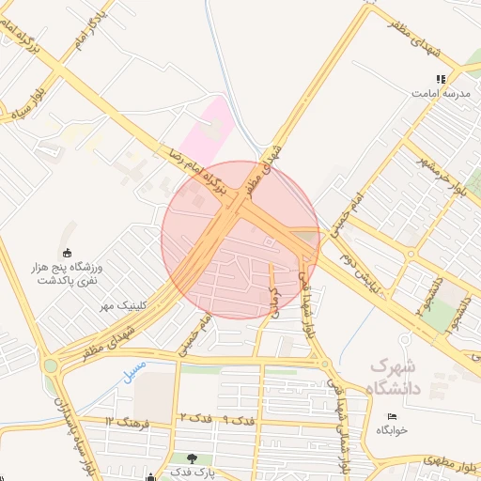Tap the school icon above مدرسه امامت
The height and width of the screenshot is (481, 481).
click(439, 80)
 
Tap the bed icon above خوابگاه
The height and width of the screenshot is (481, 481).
click(392, 416)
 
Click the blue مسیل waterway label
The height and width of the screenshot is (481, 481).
click(134, 369)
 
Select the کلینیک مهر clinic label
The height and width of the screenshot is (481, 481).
click(119, 306)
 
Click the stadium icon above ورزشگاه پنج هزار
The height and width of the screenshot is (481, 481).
click(68, 253)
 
